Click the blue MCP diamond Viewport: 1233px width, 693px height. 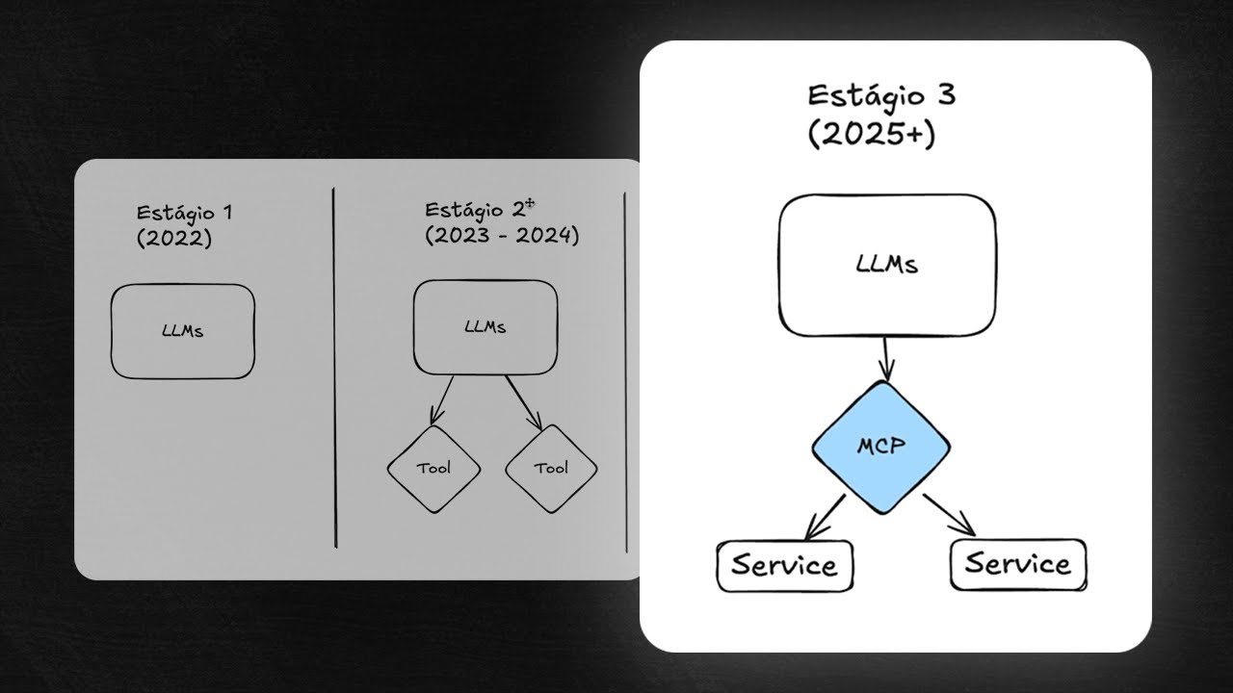(x=880, y=449)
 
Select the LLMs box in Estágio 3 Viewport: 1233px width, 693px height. (x=886, y=265)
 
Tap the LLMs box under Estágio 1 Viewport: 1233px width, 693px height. (x=182, y=331)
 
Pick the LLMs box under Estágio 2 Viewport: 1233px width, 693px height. (x=485, y=327)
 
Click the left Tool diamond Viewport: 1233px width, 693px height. (x=433, y=469)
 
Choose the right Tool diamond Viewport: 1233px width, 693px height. (x=551, y=469)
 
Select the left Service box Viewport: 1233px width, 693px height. (x=784, y=564)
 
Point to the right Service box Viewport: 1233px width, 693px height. (x=1018, y=563)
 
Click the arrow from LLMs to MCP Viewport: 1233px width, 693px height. (x=886, y=358)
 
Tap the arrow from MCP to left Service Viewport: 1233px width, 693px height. (x=826, y=516)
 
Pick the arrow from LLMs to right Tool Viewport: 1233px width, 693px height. (x=525, y=402)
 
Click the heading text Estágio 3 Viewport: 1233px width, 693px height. (x=881, y=96)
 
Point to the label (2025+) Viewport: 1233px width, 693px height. (x=871, y=134)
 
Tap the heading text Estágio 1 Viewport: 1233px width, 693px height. (x=184, y=212)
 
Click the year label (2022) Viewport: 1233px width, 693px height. (x=173, y=238)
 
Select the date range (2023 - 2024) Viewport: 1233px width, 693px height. (x=502, y=236)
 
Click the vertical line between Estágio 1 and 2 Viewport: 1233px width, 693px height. (x=334, y=366)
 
